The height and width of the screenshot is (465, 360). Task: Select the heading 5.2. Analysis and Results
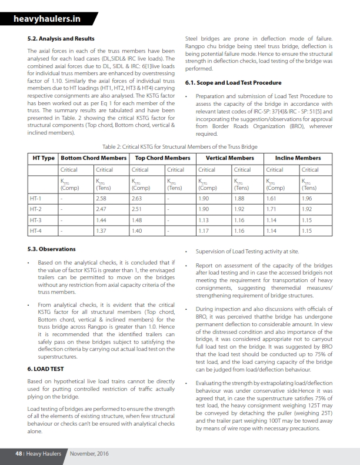coord(61,39)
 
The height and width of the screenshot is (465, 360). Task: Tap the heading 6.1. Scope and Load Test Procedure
coord(233,83)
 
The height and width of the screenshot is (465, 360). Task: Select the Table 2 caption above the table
coord(179,146)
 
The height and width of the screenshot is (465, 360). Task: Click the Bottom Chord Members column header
coord(94,158)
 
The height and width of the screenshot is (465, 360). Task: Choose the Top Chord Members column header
coord(162,158)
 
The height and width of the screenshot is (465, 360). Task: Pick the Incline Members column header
coord(298,158)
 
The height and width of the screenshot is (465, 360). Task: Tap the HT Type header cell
coord(42,158)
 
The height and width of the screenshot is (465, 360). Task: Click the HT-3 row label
coord(35,220)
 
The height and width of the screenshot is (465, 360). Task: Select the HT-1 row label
coord(35,199)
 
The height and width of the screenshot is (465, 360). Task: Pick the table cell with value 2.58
coord(101,199)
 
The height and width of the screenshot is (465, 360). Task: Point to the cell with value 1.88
coord(239,199)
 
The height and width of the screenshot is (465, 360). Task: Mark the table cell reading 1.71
coord(272,209)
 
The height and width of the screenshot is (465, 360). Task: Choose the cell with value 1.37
coord(101,230)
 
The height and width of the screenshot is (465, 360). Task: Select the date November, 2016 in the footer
coord(88,453)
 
